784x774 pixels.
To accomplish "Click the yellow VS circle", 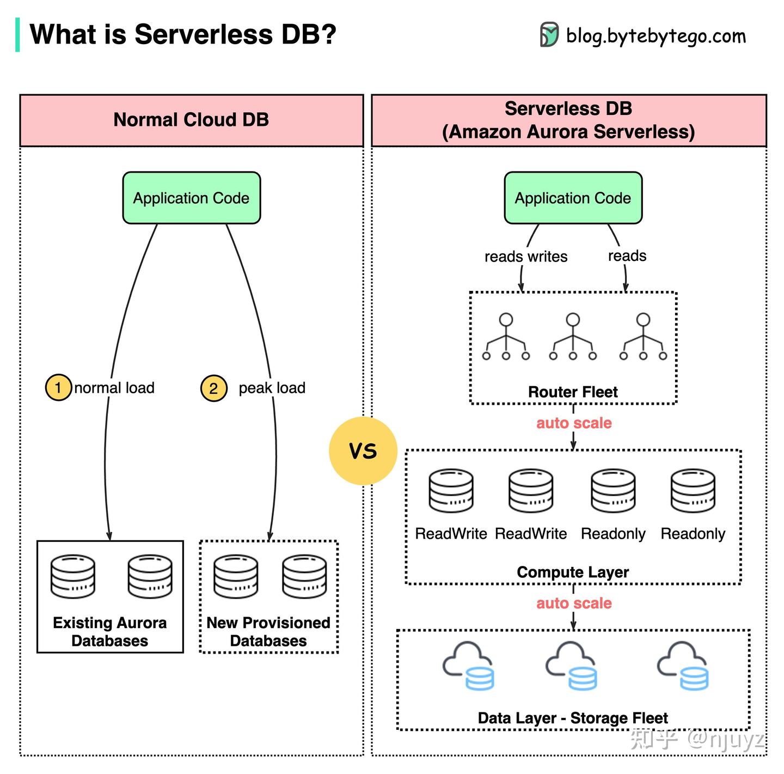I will pyautogui.click(x=363, y=450).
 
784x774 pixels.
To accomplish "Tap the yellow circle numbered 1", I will pyautogui.click(x=58, y=388).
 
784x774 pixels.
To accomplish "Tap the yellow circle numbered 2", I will pyautogui.click(x=213, y=388).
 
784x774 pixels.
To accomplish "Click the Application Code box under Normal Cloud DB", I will pyautogui.click(x=192, y=198).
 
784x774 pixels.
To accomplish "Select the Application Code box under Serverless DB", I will pyautogui.click(x=573, y=198).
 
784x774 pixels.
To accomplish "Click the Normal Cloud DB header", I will pyautogui.click(x=191, y=120).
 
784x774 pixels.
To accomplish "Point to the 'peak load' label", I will pyautogui.click(x=272, y=388).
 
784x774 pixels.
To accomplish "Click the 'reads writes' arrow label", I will pyautogui.click(x=525, y=257).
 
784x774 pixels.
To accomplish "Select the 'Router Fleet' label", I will pyautogui.click(x=573, y=392).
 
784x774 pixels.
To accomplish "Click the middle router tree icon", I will pyautogui.click(x=573, y=337).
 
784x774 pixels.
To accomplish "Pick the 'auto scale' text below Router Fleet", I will pyautogui.click(x=574, y=423).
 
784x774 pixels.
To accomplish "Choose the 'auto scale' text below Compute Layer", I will pyautogui.click(x=574, y=603).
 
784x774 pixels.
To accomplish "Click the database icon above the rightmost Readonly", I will pyautogui.click(x=693, y=491).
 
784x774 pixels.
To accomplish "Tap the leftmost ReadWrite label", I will pyautogui.click(x=451, y=534).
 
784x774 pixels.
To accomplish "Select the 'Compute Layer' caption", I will pyautogui.click(x=573, y=572).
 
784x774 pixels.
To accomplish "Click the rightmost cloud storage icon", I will pyautogui.click(x=684, y=666).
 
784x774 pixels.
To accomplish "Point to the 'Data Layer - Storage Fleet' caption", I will pyautogui.click(x=573, y=718).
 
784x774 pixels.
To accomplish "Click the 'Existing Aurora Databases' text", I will pyautogui.click(x=109, y=631).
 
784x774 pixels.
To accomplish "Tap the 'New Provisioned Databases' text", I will pyautogui.click(x=268, y=631).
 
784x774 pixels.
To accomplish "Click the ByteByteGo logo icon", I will pyautogui.click(x=549, y=35).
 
